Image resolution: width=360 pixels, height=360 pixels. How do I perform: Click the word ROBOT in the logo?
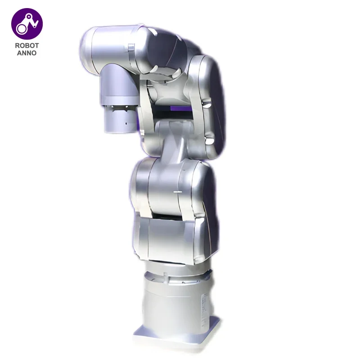[x=27, y=45]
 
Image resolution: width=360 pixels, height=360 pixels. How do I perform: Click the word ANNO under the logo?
[x=27, y=53]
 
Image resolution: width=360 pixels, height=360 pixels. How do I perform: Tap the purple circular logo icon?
[x=27, y=23]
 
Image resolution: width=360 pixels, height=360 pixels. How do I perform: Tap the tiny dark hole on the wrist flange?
[x=126, y=123]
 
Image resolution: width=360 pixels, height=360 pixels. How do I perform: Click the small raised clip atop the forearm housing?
[x=130, y=47]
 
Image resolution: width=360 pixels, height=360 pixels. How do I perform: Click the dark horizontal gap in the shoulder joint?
[x=173, y=216]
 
